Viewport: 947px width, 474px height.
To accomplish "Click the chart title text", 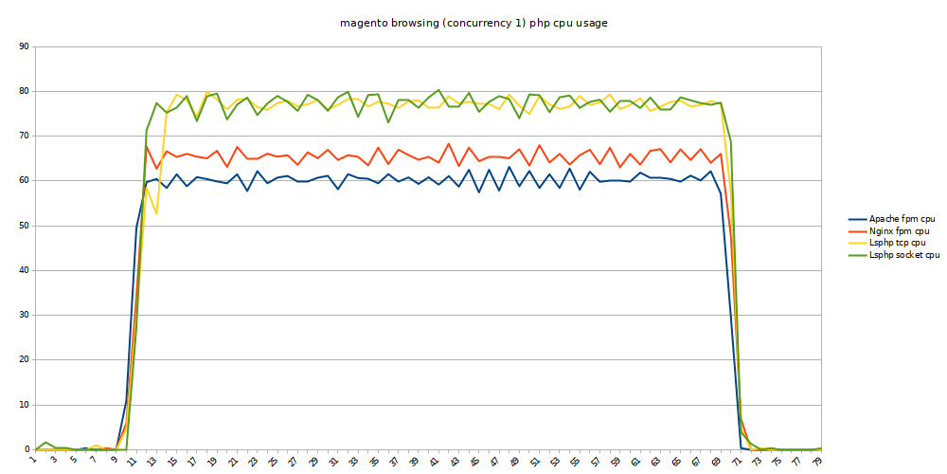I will point(473,23).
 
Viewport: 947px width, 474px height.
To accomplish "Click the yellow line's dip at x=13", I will point(156,213).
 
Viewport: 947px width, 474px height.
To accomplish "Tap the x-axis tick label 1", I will point(32,460).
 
